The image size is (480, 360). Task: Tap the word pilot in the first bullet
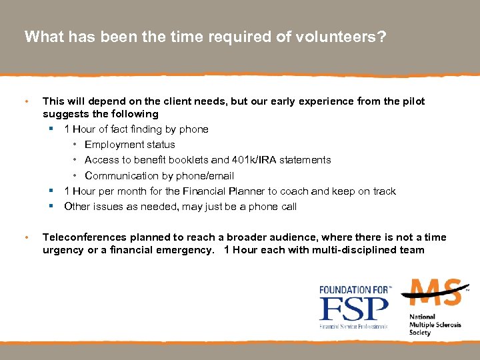point(411,101)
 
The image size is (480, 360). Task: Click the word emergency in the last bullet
point(184,250)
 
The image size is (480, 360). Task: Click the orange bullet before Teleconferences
point(26,237)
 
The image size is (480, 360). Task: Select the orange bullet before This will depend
point(26,101)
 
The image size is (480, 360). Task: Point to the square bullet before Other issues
point(51,207)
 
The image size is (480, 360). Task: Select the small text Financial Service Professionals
point(353,326)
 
